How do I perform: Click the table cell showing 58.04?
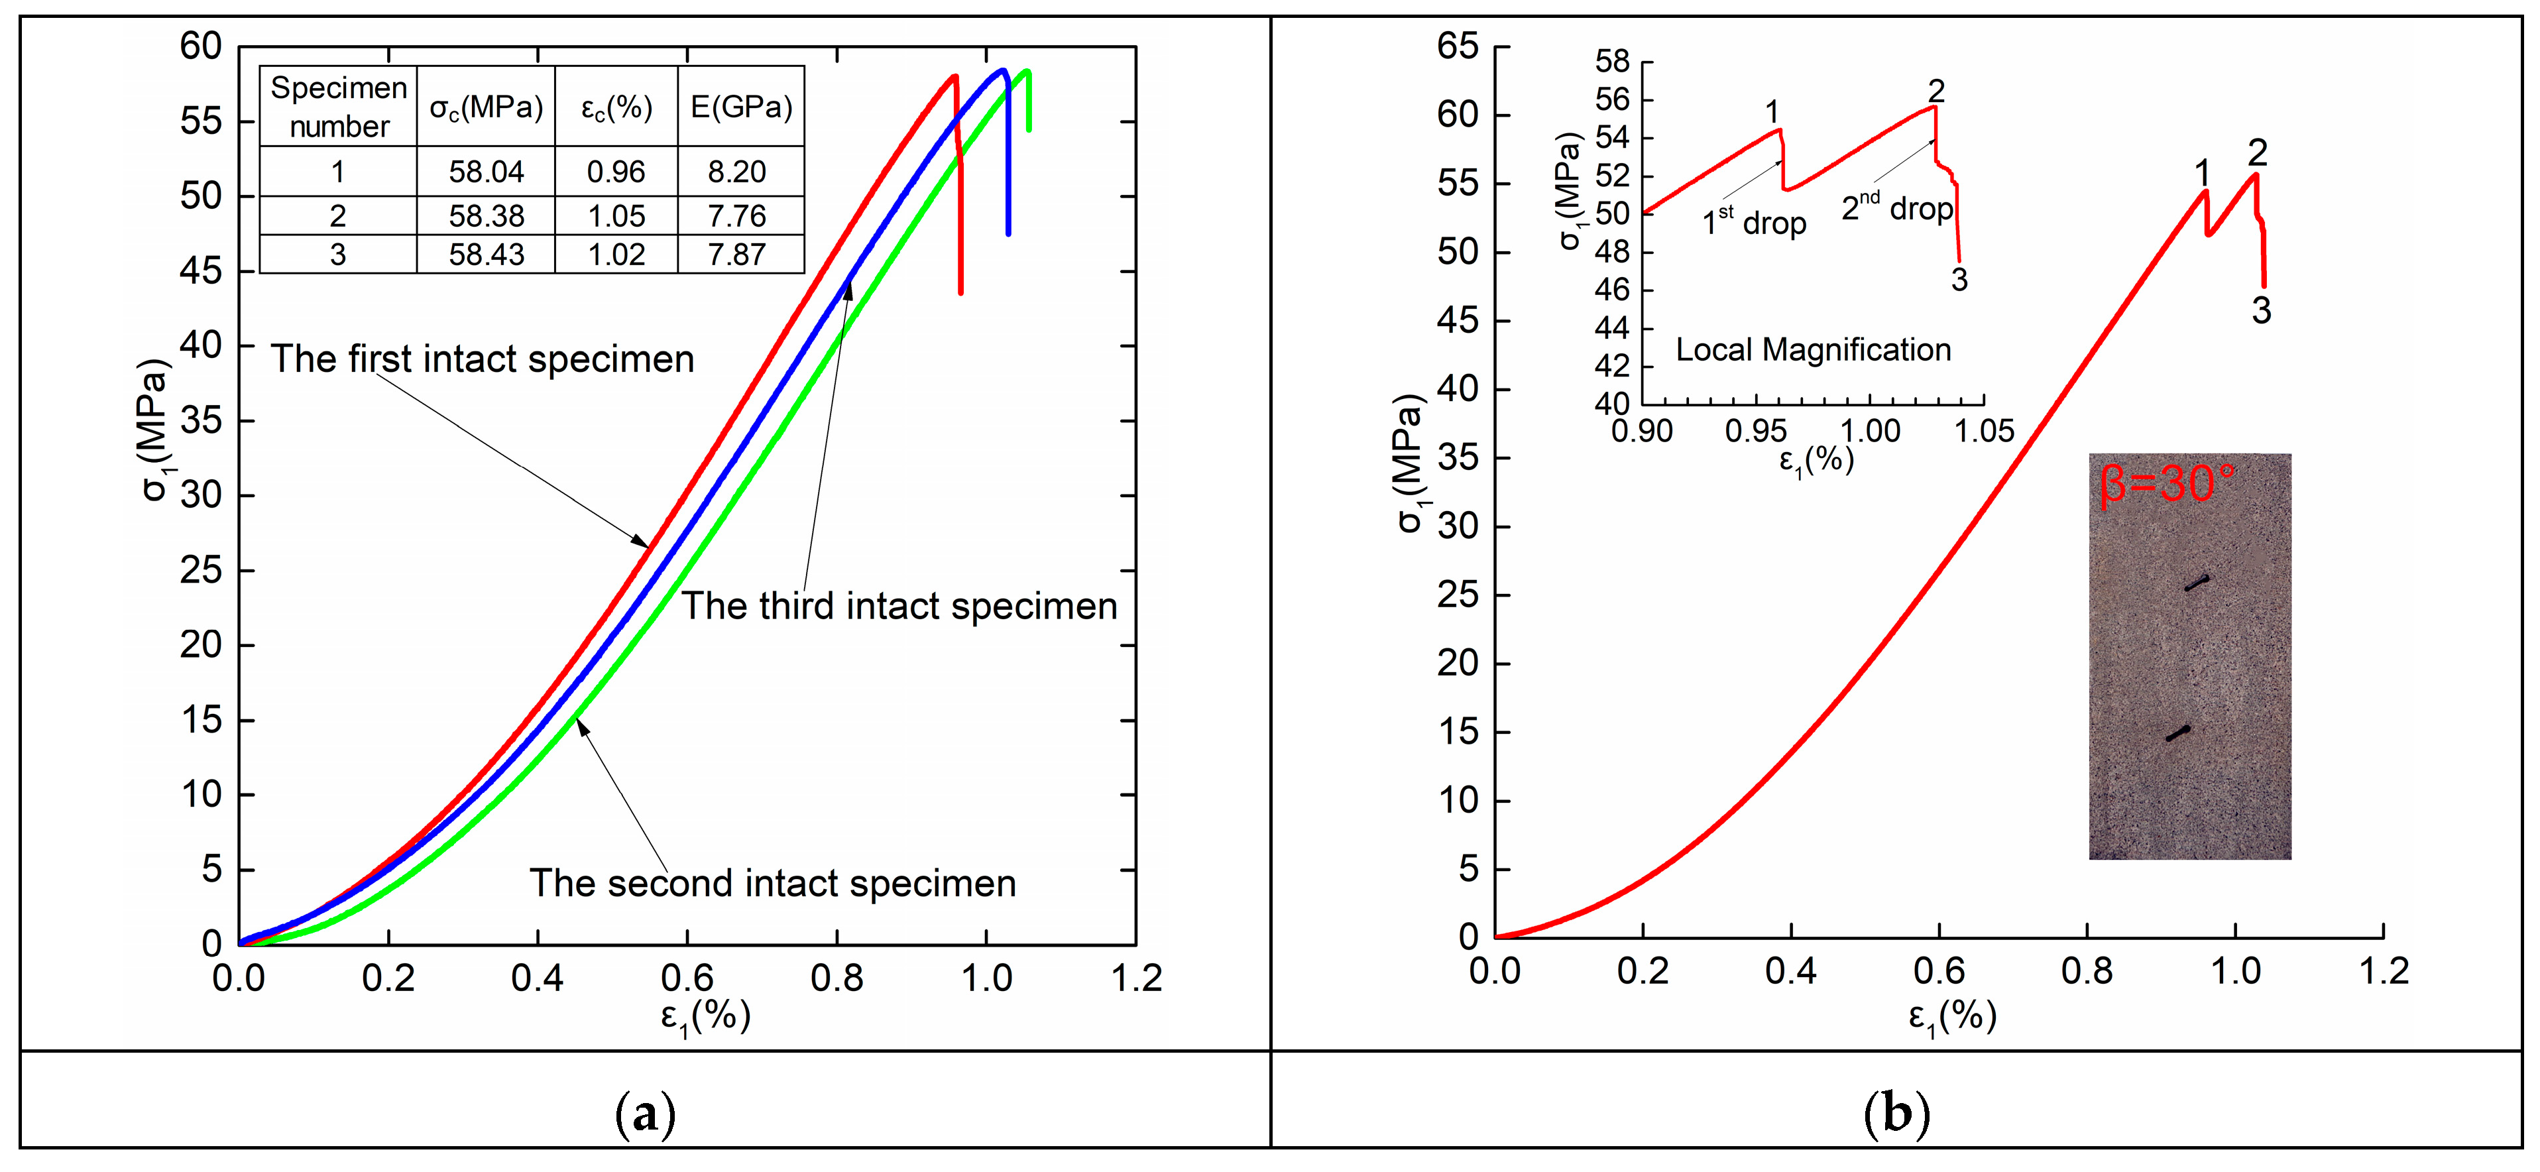coord(486,172)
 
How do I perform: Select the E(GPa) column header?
coord(740,107)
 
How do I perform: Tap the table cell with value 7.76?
coord(736,216)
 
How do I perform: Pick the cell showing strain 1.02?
coord(616,255)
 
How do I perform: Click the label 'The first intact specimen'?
coord(482,359)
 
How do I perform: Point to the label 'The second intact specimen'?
coord(772,883)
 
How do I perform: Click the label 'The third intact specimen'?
coord(899,605)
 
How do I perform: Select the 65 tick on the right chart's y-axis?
coord(1458,46)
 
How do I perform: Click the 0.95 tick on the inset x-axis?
coord(1755,431)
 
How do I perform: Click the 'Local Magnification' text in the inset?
coord(1814,350)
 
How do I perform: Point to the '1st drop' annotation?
coord(1754,222)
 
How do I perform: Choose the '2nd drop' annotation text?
coord(1897,207)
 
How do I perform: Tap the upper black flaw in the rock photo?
coord(2196,583)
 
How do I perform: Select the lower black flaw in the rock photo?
coord(2177,733)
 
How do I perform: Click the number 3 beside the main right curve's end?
coord(2261,310)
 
